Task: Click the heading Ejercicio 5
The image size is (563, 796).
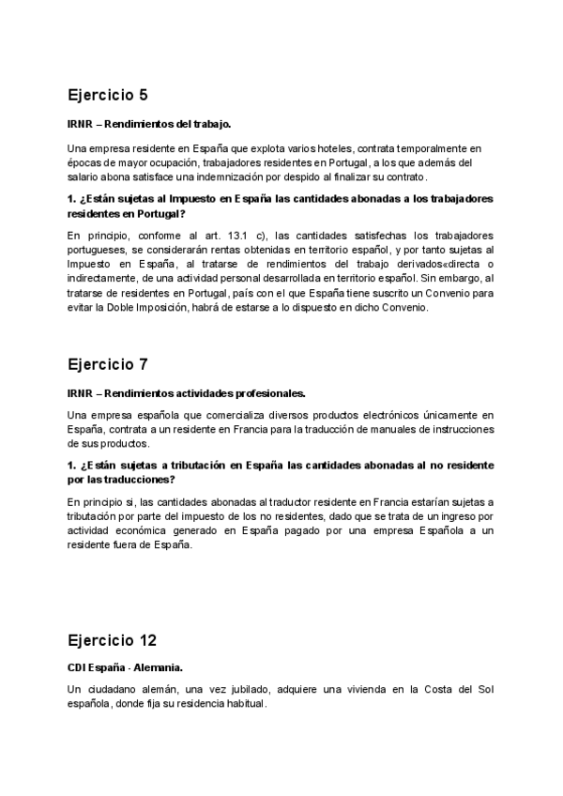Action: pos(108,95)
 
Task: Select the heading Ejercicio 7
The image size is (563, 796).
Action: pos(108,364)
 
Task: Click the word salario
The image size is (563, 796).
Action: pos(85,176)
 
